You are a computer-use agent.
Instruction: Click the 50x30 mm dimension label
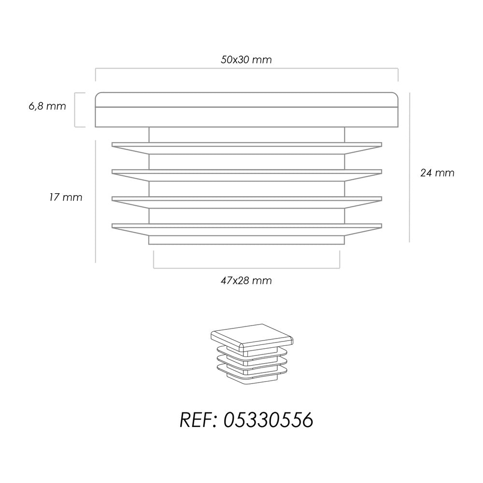click(x=246, y=59)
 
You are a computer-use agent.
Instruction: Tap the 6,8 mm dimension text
click(x=47, y=106)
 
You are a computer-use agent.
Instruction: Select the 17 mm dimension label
click(x=66, y=197)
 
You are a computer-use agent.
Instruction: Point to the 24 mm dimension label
click(x=437, y=173)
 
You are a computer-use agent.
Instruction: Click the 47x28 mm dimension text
click(x=246, y=281)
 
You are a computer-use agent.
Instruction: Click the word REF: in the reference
click(x=199, y=420)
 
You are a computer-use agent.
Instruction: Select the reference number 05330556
click(x=268, y=420)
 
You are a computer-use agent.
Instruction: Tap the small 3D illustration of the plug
click(x=252, y=354)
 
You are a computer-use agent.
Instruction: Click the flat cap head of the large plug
click(x=246, y=110)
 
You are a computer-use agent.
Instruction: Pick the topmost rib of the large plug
click(x=247, y=148)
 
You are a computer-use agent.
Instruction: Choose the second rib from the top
click(x=247, y=175)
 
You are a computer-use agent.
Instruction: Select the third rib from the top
click(x=247, y=202)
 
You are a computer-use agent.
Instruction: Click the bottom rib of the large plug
click(x=247, y=230)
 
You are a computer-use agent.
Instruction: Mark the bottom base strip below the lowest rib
click(x=246, y=240)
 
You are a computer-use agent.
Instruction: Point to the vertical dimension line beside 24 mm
click(x=410, y=167)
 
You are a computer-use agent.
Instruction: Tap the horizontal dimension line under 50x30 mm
click(x=246, y=69)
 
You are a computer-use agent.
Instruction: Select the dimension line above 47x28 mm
click(x=246, y=268)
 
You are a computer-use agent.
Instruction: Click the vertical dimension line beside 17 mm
click(x=96, y=201)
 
